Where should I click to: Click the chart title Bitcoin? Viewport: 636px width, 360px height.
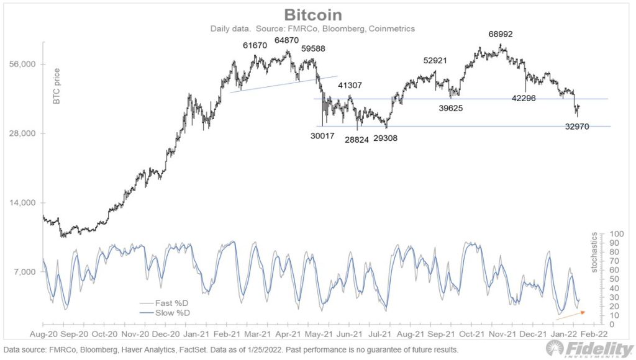(317, 15)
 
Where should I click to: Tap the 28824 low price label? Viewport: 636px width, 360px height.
(357, 140)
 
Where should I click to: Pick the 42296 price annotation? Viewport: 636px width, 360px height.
(525, 98)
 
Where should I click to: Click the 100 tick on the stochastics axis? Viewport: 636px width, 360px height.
(615, 234)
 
